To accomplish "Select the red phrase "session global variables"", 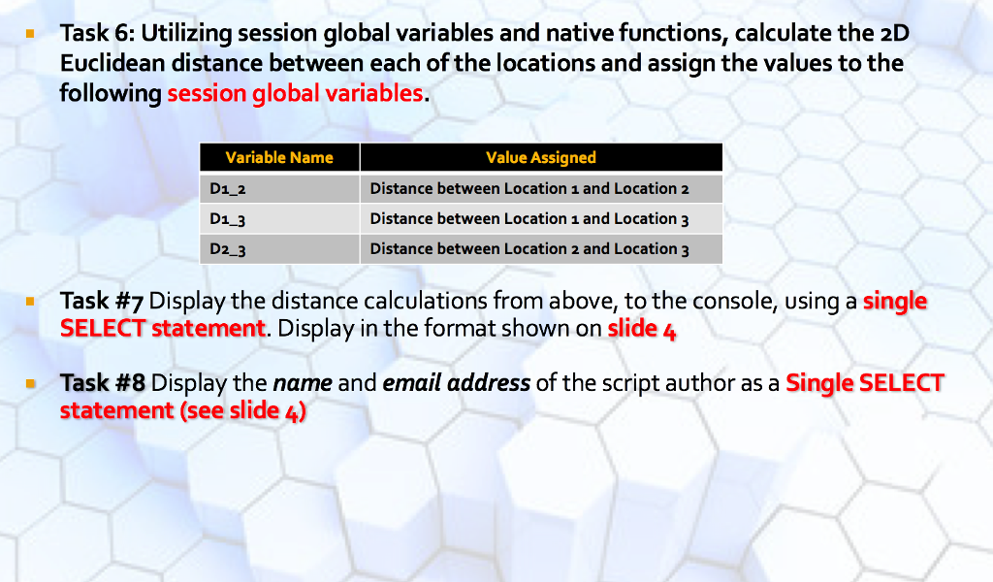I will pyautogui.click(x=295, y=94).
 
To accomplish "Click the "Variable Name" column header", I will pyautogui.click(x=279, y=157).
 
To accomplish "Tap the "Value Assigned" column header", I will pyautogui.click(x=540, y=157).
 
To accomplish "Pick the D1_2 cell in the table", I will pyautogui.click(x=279, y=188).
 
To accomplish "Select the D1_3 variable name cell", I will pyautogui.click(x=279, y=218).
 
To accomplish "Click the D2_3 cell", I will pyautogui.click(x=279, y=249).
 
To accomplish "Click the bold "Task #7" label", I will pyautogui.click(x=102, y=302).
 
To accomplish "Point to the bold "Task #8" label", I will pyautogui.click(x=102, y=383).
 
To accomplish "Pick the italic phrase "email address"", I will pyautogui.click(x=456, y=383).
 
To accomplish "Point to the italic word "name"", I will pyautogui.click(x=303, y=383).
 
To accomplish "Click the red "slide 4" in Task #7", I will pyautogui.click(x=641, y=329).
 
